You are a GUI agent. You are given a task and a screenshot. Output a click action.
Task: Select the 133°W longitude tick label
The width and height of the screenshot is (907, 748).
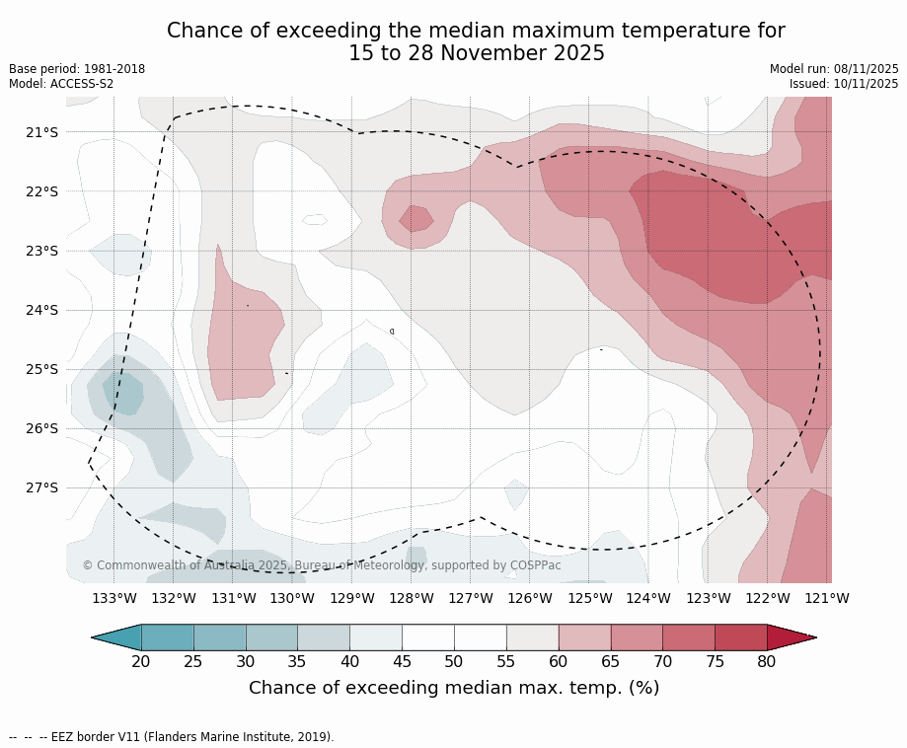pyautogui.click(x=114, y=598)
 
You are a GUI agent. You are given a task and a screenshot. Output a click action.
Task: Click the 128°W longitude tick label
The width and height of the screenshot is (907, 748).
pyautogui.click(x=412, y=598)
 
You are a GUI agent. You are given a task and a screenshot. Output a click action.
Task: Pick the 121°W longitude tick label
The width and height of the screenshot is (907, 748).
pyautogui.click(x=827, y=598)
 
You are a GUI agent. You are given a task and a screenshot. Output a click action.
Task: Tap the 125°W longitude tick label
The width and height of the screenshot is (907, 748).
pyautogui.click(x=589, y=598)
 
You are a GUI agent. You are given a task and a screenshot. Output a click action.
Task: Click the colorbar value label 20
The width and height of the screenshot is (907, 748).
pyautogui.click(x=141, y=661)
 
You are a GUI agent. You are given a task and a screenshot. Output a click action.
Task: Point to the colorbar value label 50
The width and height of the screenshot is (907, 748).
pyautogui.click(x=454, y=661)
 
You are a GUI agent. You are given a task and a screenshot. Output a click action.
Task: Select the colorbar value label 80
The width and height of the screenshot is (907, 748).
pyautogui.click(x=767, y=661)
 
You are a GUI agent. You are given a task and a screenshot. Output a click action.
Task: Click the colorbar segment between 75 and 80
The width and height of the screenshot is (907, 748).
pyautogui.click(x=740, y=637)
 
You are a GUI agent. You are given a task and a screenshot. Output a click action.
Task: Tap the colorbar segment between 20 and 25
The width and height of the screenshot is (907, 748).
pyautogui.click(x=168, y=637)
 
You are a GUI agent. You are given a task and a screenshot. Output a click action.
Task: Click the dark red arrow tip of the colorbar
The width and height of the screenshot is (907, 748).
pyautogui.click(x=790, y=637)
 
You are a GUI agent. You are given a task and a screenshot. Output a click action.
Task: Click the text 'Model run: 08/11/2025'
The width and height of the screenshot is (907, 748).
pyautogui.click(x=834, y=69)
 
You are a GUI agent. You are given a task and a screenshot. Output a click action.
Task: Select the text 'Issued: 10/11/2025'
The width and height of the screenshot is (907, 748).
pyautogui.click(x=844, y=84)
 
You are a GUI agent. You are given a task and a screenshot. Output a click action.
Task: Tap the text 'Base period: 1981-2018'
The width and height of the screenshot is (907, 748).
pyautogui.click(x=77, y=69)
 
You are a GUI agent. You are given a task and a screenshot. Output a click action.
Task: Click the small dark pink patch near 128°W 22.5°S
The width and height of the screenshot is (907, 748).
pyautogui.click(x=416, y=218)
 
